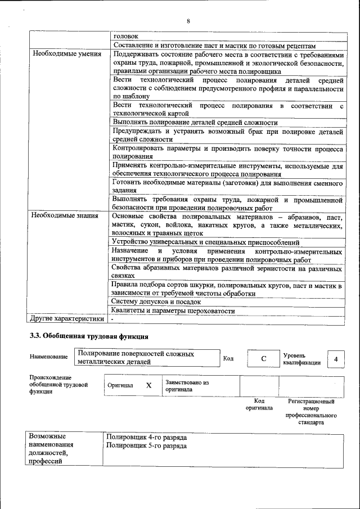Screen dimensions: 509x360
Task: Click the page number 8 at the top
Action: click(188, 21)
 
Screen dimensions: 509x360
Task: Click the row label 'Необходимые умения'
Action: click(66, 55)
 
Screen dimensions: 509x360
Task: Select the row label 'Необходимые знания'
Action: click(65, 215)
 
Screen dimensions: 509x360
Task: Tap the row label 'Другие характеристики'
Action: click(67, 319)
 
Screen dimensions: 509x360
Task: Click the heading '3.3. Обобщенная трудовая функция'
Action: click(89, 337)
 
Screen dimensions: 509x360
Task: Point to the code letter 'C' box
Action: click(263, 359)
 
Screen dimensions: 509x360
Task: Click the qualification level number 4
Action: click(336, 359)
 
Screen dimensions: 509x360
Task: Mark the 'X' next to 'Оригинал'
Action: click(148, 385)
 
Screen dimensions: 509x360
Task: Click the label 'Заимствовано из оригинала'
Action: click(187, 385)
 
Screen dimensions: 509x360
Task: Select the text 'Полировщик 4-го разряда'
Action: click(146, 437)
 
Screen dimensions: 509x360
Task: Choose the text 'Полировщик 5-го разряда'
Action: click(146, 446)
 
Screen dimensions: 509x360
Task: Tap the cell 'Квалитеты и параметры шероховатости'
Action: click(173, 310)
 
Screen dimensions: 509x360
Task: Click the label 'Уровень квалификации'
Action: click(301, 359)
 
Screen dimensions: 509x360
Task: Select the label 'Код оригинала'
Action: click(259, 404)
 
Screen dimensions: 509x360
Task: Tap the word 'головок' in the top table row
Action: click(125, 36)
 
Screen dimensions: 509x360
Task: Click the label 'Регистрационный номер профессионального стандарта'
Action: click(311, 412)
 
